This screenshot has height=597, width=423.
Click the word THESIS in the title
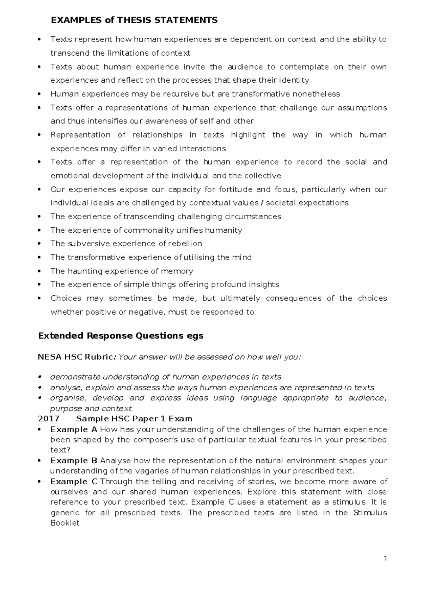point(135,20)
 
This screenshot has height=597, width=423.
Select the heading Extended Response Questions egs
point(121,336)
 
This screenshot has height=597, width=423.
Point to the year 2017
point(49,419)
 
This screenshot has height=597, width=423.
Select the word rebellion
point(185,244)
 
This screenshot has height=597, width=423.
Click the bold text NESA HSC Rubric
point(75,357)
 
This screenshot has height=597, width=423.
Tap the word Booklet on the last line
point(65,523)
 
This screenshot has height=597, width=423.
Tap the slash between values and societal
point(262,203)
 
